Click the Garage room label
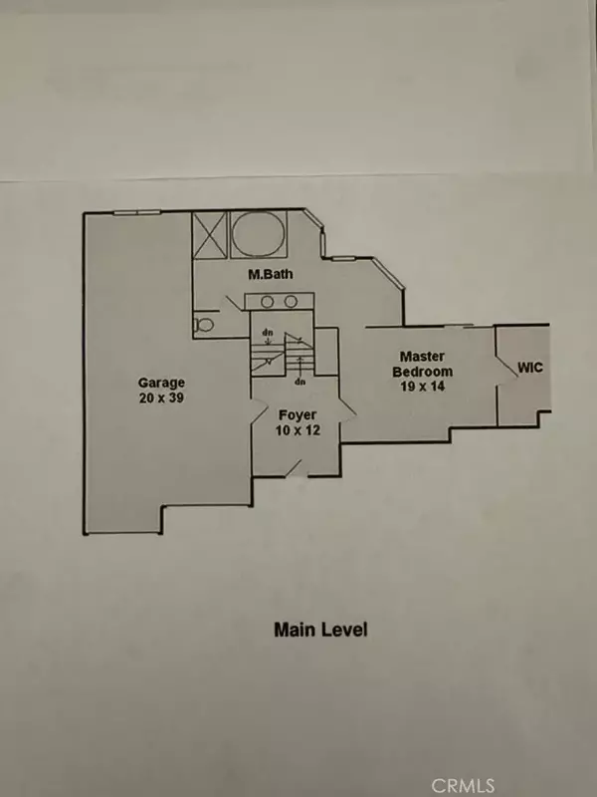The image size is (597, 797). tap(161, 382)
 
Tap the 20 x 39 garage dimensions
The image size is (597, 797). tap(161, 398)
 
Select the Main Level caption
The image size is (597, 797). tap(320, 630)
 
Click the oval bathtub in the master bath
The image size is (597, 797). tap(258, 235)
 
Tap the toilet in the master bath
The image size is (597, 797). tap(203, 325)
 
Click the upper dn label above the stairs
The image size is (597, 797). tap(266, 333)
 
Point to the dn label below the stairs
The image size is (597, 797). tap(298, 381)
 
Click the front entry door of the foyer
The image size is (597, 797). tap(293, 465)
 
